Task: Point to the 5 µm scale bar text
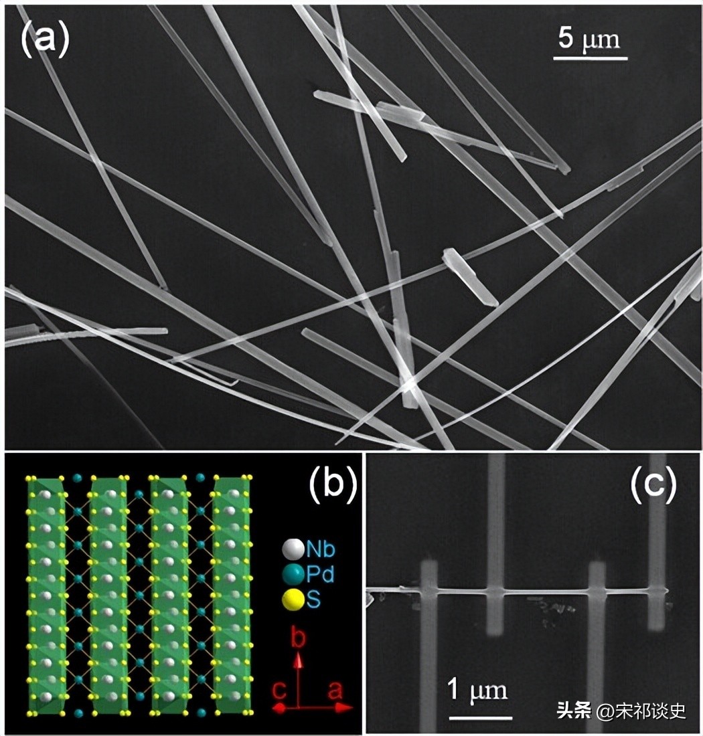tap(590, 39)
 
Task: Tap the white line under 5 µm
tap(590, 58)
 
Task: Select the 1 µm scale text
tap(477, 690)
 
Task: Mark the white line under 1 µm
tap(477, 717)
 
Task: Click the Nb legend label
tap(321, 550)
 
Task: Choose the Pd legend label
tap(321, 574)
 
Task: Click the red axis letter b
tap(299, 640)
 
